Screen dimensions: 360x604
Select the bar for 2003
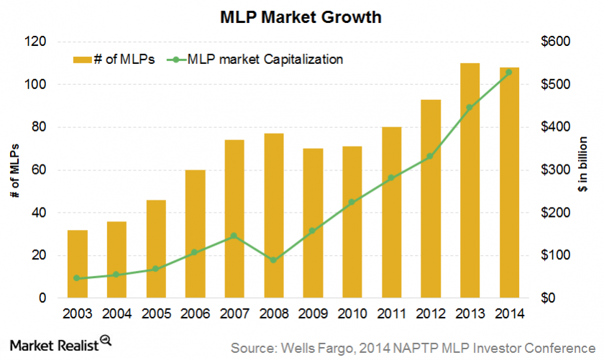pyautogui.click(x=78, y=264)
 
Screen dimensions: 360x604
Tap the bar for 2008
pyautogui.click(x=273, y=216)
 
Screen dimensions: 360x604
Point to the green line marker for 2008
pyautogui.click(x=273, y=260)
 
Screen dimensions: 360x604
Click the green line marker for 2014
pyautogui.click(x=508, y=72)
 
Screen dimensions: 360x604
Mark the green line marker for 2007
pyautogui.click(x=234, y=236)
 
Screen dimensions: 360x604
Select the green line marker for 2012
pyautogui.click(x=430, y=156)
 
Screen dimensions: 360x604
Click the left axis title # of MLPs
pyautogui.click(x=14, y=170)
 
